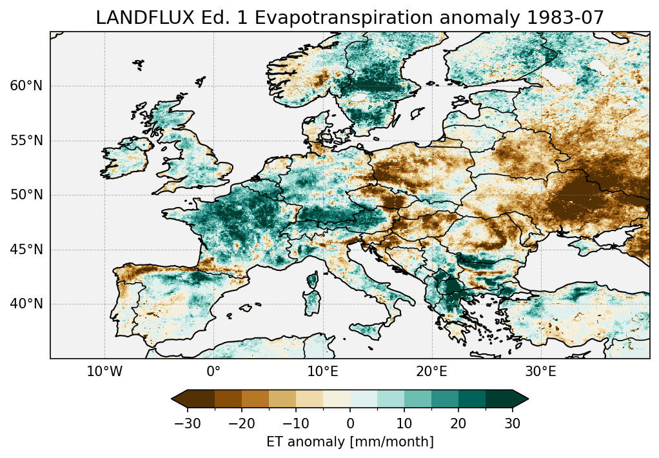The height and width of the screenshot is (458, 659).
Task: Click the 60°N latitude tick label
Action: (x=26, y=86)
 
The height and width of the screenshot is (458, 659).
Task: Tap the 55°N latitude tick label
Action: (x=26, y=141)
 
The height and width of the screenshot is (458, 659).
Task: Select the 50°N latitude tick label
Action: (x=26, y=195)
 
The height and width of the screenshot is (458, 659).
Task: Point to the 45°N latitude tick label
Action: (x=26, y=250)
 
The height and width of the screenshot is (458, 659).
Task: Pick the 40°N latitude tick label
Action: (x=26, y=304)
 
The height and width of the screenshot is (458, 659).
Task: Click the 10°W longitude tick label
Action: (x=104, y=372)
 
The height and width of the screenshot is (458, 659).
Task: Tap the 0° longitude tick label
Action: (x=213, y=372)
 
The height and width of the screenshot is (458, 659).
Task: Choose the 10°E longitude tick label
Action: (x=322, y=372)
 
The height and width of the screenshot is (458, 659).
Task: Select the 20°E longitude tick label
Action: (x=431, y=372)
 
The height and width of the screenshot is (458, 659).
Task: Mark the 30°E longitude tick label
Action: (x=540, y=372)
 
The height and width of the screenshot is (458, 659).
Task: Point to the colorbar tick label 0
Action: (x=350, y=423)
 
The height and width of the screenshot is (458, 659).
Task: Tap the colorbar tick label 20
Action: (x=458, y=423)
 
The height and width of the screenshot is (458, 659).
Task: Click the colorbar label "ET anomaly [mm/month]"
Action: (x=350, y=442)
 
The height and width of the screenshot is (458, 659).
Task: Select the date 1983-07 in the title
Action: (x=567, y=18)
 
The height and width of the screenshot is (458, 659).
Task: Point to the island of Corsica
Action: (x=313, y=281)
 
